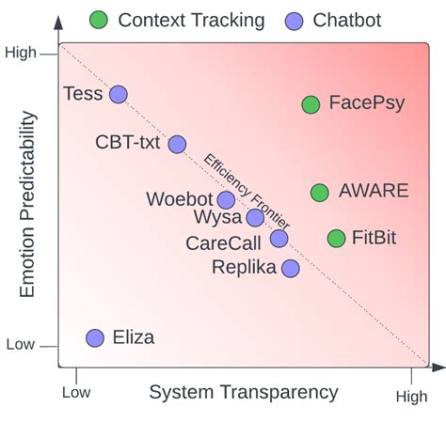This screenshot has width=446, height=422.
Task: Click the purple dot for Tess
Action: coord(118,94)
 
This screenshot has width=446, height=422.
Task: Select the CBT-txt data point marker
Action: coord(177,144)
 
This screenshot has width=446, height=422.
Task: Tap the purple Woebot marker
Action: coord(226,199)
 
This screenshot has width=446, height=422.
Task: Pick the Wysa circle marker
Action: coord(255,218)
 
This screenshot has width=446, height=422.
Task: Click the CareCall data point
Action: coord(279,239)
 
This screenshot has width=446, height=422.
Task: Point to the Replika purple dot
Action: coord(291,268)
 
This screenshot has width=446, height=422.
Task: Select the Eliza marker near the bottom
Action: coord(95,338)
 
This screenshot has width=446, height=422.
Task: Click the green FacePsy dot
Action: coord(311,104)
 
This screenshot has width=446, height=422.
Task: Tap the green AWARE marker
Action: coord(320,193)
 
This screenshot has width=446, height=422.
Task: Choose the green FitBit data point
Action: coord(336,239)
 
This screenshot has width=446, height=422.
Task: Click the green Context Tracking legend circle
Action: coord(99,19)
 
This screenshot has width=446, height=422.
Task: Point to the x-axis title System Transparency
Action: coord(244,392)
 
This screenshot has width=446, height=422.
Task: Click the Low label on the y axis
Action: coord(21,345)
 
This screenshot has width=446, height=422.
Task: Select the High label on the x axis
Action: coord(410,397)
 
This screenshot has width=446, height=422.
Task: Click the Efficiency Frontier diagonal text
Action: coord(247,191)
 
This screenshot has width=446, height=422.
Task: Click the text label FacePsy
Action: coord(367,103)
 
